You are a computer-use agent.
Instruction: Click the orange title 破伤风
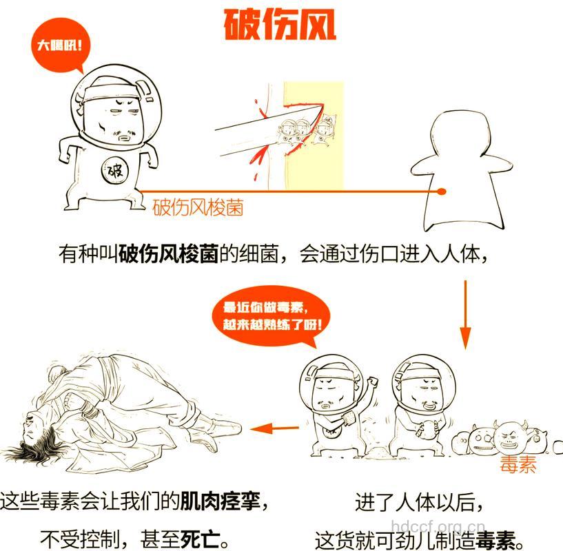[x=281, y=25]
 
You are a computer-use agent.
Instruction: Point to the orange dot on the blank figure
[x=442, y=191]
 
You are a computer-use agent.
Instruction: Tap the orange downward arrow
[x=465, y=313]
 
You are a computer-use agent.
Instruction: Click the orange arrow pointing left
[x=274, y=428]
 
